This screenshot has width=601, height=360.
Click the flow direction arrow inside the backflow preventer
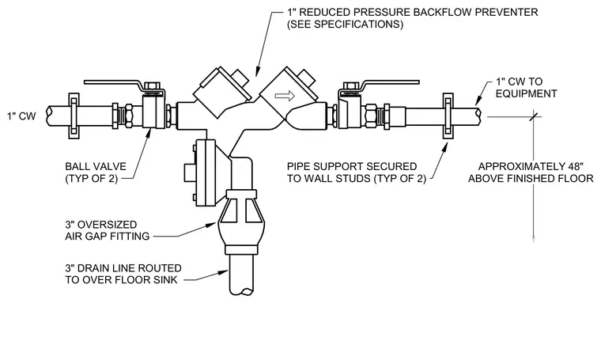coord(285,96)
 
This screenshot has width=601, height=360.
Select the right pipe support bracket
coord(448,116)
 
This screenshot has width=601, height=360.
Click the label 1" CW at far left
coord(21,116)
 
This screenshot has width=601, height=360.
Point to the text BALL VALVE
coord(96,166)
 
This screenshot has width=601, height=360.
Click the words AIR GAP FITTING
coord(108,236)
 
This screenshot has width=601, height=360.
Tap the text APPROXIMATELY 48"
coord(531,166)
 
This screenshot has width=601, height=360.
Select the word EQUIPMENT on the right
coord(526,93)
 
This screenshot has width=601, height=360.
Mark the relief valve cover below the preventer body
coord(206,173)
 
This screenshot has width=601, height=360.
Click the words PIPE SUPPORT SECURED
coord(352,166)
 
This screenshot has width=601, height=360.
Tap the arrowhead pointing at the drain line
coord(224,273)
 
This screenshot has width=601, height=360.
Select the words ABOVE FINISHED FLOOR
coord(531,179)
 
